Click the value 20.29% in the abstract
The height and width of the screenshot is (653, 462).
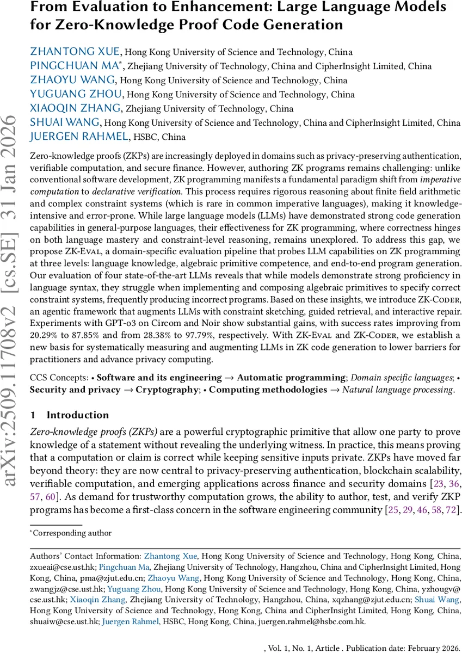(43, 335)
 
